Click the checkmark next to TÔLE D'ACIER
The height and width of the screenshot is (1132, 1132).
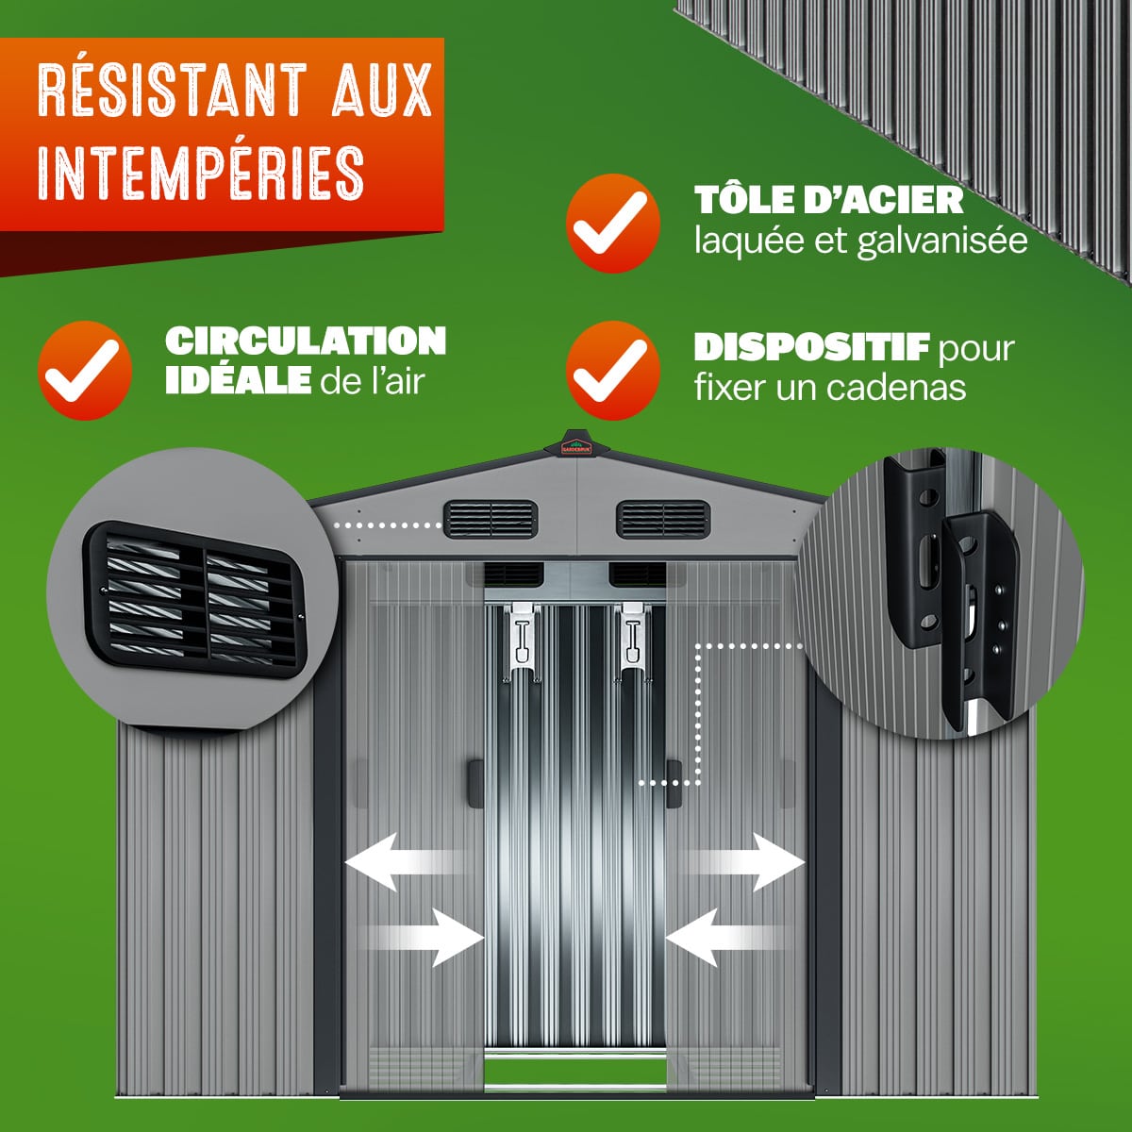click(613, 224)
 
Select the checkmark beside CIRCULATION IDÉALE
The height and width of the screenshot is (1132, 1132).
click(85, 370)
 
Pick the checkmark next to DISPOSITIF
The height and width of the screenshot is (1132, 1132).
click(613, 370)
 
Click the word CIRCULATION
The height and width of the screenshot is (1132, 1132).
click(306, 341)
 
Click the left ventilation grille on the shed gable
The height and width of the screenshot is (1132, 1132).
click(491, 519)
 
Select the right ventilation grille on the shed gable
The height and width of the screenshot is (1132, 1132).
click(663, 519)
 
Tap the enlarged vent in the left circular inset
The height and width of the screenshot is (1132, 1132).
click(196, 599)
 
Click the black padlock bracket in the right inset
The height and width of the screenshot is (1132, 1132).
click(952, 593)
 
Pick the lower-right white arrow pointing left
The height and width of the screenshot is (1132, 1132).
click(726, 938)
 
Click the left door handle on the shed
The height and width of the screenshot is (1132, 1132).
click(475, 784)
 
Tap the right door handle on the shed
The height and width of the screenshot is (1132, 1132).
click(674, 784)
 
